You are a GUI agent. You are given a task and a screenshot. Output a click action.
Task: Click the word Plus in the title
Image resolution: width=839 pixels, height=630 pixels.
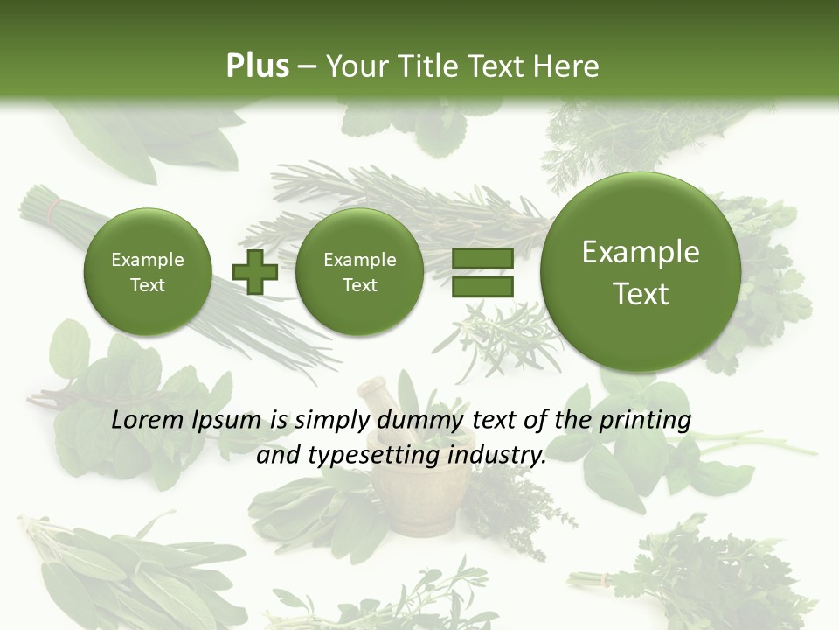click(257, 66)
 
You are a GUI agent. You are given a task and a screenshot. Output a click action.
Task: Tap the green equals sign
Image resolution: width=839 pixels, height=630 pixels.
click(482, 273)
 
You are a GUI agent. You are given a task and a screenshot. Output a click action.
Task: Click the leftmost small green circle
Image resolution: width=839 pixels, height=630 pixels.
click(147, 272)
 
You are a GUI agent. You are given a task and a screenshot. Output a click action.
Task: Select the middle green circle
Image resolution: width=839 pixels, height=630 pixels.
click(359, 272)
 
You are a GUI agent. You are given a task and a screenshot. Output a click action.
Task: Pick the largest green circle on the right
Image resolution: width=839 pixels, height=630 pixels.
click(641, 272)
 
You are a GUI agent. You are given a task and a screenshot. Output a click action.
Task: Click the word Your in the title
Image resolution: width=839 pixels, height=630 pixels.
click(353, 66)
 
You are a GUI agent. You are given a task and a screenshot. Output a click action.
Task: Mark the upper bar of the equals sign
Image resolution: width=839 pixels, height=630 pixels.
click(482, 258)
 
